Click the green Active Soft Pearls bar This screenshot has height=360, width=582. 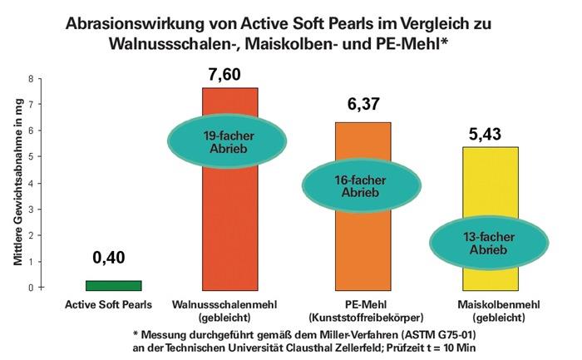tap(114, 284)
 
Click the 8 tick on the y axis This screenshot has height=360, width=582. tap(31, 79)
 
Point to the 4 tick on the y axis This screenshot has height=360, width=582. tap(31, 183)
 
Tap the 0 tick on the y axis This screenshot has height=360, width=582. tap(31, 288)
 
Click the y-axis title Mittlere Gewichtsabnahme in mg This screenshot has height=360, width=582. tap(16, 183)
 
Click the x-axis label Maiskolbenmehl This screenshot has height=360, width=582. tap(485, 303)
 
